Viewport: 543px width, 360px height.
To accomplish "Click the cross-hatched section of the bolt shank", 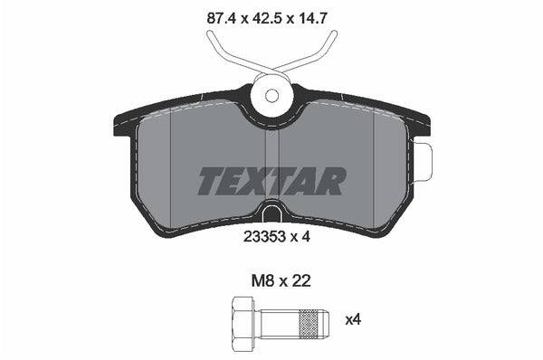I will [x=310, y=321].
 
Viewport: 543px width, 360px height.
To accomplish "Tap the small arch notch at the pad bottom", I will [x=271, y=214].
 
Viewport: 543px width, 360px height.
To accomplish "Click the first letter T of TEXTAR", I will [x=208, y=181].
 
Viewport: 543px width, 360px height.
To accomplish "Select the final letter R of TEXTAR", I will [x=332, y=181].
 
